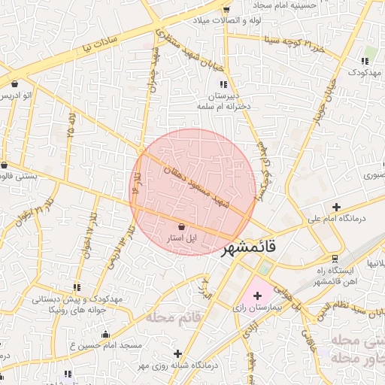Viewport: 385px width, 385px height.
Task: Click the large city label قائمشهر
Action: coord(249,246)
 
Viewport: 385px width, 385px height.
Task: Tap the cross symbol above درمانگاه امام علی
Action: coord(336,207)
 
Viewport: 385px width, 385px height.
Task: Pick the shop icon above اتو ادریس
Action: coord(15,83)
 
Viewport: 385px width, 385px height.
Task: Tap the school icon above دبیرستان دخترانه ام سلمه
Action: coord(223,83)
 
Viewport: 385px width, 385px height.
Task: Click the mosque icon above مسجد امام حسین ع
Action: coord(105,335)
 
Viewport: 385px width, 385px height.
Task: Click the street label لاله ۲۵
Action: coord(71,120)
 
